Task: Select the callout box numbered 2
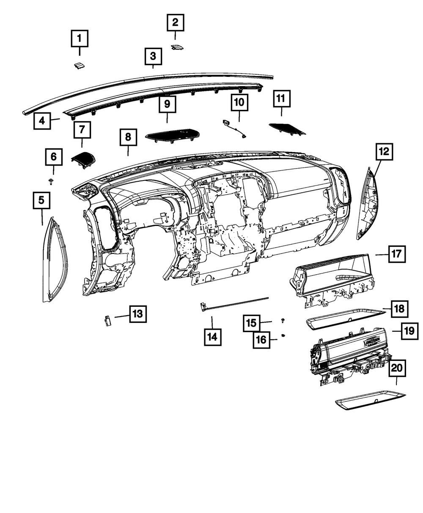point(175,22)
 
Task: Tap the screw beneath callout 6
point(51,181)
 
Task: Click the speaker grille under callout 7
point(84,159)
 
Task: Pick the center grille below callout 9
point(171,134)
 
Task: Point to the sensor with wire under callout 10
point(234,128)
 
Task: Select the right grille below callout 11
point(286,128)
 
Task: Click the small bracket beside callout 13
point(107,320)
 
